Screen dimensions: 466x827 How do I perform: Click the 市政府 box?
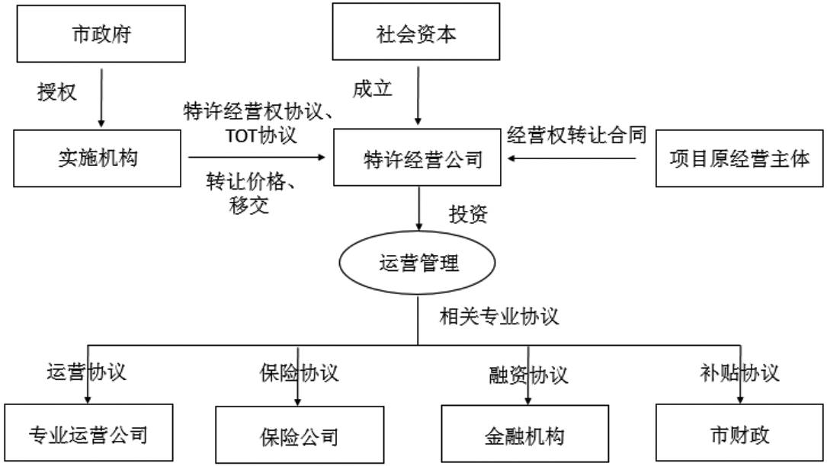[101, 34]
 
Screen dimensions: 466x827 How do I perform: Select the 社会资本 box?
[416, 34]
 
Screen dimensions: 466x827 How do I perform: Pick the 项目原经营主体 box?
[739, 158]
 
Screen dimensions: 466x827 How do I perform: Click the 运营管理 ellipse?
[418, 263]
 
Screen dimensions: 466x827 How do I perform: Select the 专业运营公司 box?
[88, 434]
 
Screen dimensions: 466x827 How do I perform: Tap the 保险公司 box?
[298, 436]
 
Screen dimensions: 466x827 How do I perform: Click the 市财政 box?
[739, 434]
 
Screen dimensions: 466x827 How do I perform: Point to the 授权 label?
[57, 92]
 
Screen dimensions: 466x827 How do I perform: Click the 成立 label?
[372, 88]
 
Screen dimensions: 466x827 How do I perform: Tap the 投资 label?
[468, 215]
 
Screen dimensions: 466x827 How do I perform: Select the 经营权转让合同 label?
[577, 136]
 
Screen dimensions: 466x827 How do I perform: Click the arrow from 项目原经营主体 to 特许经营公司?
[572, 158]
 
